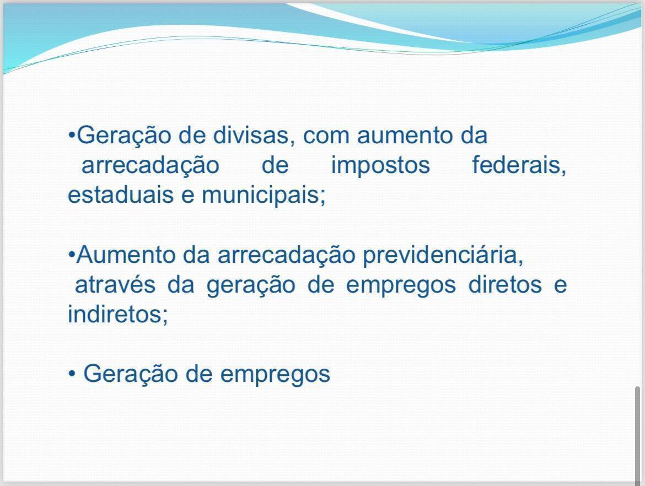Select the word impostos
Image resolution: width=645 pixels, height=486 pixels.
pos(380,165)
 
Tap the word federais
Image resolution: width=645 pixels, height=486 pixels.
pos(519,165)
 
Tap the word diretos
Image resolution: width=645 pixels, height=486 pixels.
pos(505,285)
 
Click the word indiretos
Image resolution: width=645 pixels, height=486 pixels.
pos(117,315)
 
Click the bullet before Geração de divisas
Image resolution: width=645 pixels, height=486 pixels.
pos(71,135)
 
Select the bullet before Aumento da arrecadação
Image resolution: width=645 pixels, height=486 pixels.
pos(71,255)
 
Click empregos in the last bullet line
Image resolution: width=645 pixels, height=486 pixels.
pos(275,375)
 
